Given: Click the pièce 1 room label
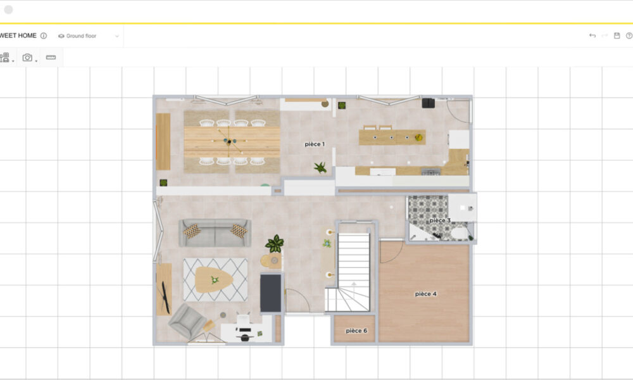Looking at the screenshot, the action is [315, 144].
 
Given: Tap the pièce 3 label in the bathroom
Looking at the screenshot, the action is [440, 220].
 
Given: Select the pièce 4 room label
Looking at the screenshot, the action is [426, 294].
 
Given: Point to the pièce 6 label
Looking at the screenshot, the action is [356, 331].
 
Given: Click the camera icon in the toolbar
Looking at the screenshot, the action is [27, 58].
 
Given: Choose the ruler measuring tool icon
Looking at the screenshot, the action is [51, 58].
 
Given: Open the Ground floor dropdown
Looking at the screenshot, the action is [89, 36].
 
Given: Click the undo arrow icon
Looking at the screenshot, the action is [592, 35].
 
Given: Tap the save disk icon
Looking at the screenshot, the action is [617, 35].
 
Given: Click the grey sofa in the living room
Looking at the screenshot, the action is [215, 232].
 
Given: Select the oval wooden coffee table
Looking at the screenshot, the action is [214, 279].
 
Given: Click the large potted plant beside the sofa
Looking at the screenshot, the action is [275, 244].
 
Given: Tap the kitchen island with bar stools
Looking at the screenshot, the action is [392, 136].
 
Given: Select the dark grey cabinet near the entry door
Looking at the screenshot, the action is [270, 293].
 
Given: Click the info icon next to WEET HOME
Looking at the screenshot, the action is [44, 35].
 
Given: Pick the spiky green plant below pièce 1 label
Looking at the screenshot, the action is [320, 167].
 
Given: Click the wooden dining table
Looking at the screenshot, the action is [232, 142].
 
